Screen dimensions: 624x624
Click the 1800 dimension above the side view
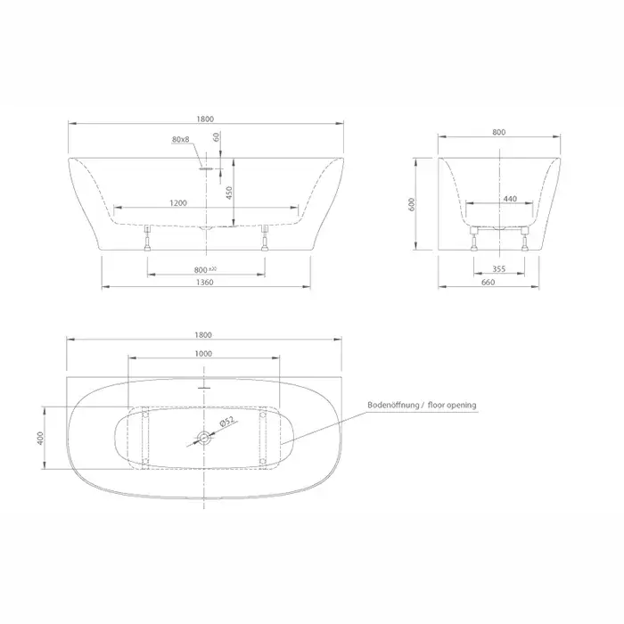tap(205, 119)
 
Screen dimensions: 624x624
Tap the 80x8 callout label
tap(181, 139)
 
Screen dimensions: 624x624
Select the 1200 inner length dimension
tap(178, 203)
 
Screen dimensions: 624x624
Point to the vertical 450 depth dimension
tap(229, 193)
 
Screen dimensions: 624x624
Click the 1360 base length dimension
tap(205, 283)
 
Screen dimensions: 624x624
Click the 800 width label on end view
tap(498, 132)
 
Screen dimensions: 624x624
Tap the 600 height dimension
tap(412, 204)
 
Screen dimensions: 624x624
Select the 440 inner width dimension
tap(510, 199)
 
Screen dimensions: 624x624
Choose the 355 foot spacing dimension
tap(498, 269)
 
